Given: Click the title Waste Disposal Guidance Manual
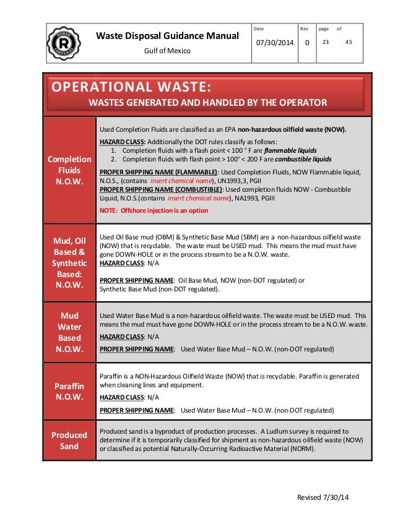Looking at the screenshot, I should pyautogui.click(x=168, y=36).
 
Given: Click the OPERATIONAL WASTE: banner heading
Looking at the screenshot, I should pyautogui.click(x=132, y=85).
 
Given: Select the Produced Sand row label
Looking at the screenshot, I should pyautogui.click(x=69, y=440).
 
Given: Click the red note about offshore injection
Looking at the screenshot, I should pyautogui.click(x=154, y=210).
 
